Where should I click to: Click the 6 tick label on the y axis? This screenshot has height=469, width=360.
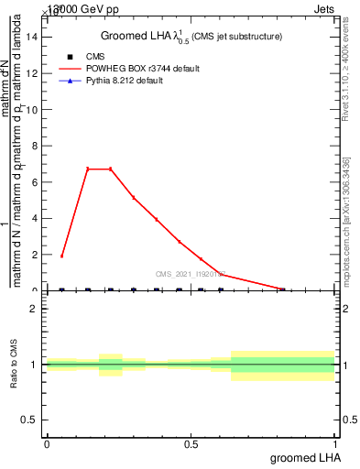pyautogui.click(x=35, y=182)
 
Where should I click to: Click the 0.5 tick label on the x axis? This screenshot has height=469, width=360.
pyautogui.click(x=191, y=443)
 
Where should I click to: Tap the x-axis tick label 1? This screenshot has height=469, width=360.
pyautogui.click(x=335, y=443)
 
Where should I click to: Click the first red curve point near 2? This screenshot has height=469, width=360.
pyautogui.click(x=61, y=256)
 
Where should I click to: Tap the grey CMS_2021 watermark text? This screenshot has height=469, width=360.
pyautogui.click(x=192, y=273)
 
